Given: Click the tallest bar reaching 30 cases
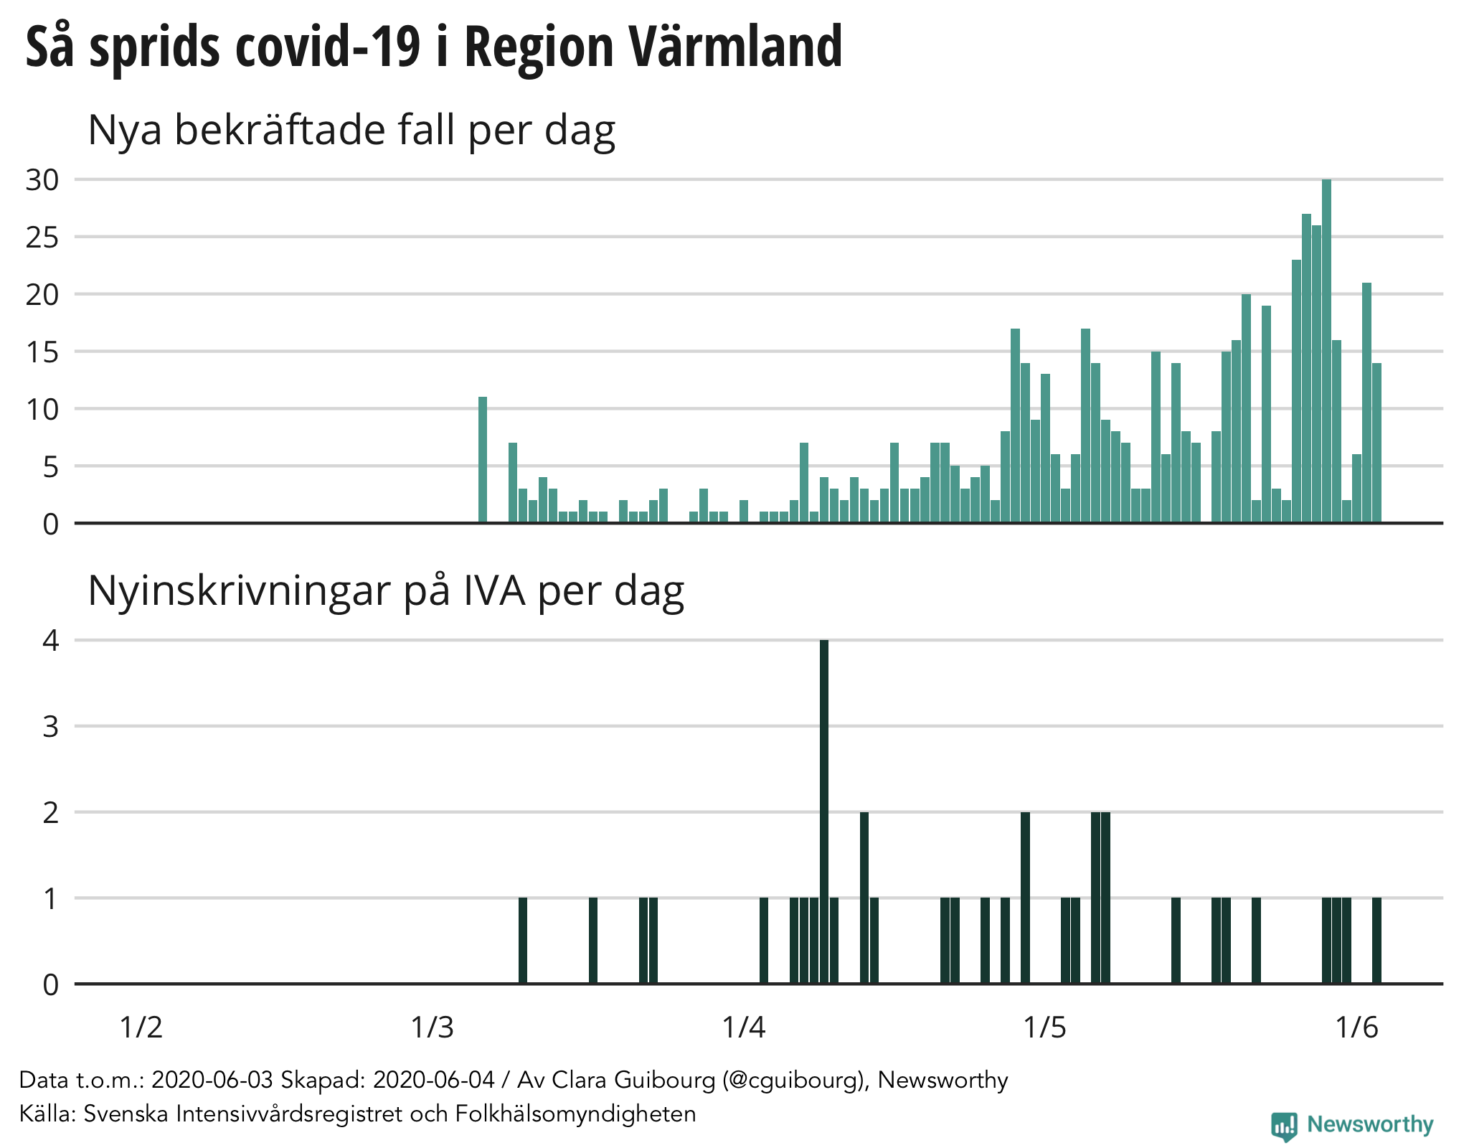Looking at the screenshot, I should tap(1326, 352).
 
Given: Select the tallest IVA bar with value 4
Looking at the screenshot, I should tap(824, 811).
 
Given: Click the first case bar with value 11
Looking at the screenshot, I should tap(483, 460).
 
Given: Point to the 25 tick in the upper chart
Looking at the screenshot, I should tap(42, 237).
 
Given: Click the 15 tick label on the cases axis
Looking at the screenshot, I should tap(42, 352).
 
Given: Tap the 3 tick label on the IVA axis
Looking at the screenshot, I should tap(50, 727).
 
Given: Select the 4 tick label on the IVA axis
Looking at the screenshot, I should tap(50, 640).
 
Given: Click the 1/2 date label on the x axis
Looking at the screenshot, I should tap(141, 1027).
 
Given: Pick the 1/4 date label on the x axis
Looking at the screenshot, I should tap(744, 1027).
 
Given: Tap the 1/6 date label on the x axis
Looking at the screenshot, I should tap(1356, 1027).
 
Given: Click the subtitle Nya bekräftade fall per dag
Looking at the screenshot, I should tap(351, 131).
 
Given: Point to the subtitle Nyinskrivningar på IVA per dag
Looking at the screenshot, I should tap(386, 591).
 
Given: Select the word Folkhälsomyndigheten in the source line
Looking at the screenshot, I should tap(575, 1114).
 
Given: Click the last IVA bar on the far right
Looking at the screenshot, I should tap(1376, 941).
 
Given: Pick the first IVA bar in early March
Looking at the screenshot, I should tap(523, 941).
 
